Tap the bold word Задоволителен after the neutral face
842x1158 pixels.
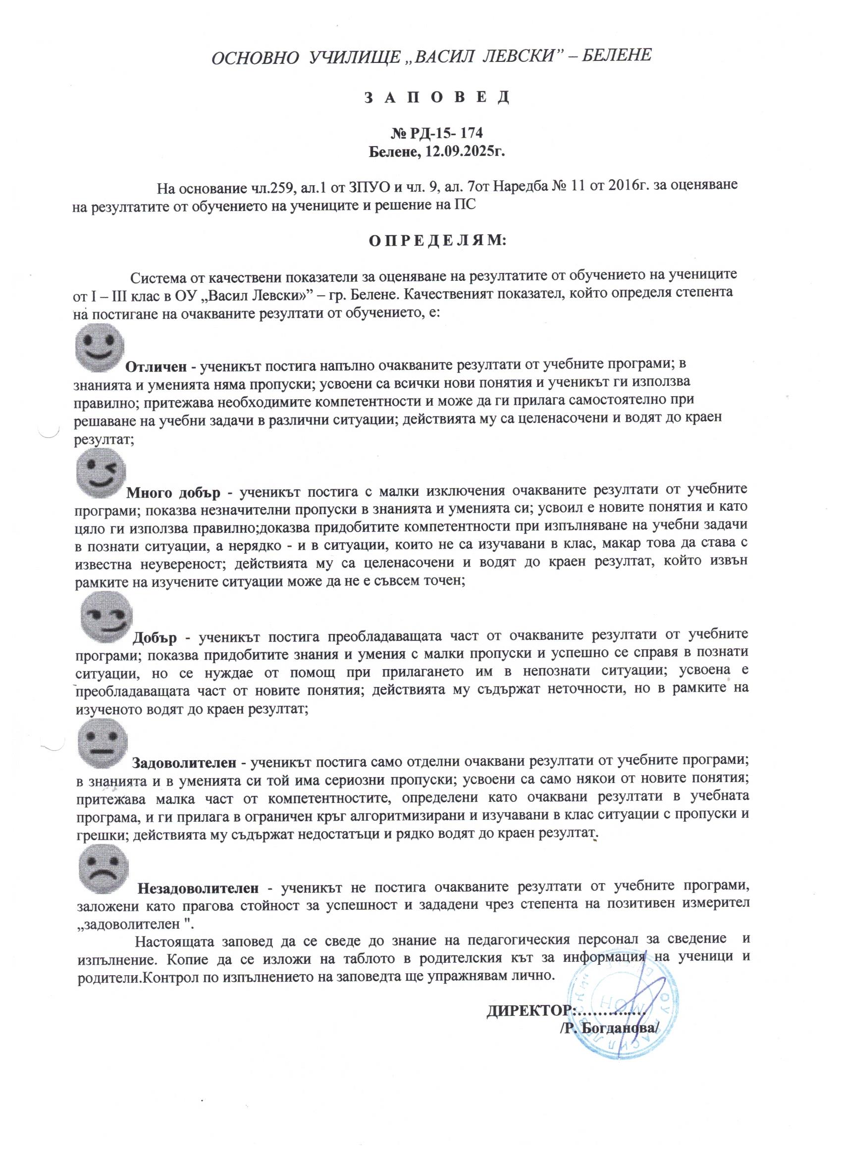184,763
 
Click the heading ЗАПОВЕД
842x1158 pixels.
436,97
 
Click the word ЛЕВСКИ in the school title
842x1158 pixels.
516,55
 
